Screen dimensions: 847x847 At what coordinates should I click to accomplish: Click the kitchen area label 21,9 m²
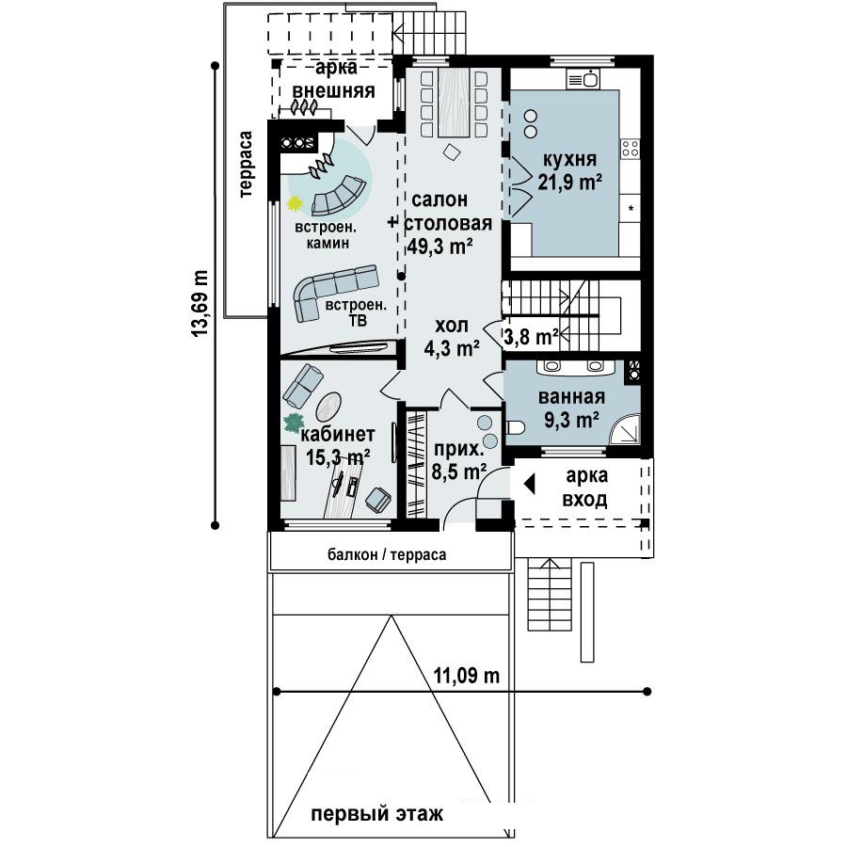[x=570, y=182]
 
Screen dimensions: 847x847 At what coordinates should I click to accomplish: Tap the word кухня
[x=569, y=160]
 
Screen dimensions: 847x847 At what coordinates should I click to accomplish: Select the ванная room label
[x=571, y=397]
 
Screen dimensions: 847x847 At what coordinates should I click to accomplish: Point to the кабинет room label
[x=338, y=434]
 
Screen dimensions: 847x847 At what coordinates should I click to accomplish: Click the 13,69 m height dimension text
[x=200, y=304]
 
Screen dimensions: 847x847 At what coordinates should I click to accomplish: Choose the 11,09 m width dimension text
[x=467, y=676]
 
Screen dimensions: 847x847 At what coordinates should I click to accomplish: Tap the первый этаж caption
[x=377, y=813]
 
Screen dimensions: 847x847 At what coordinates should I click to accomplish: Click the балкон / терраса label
[x=387, y=554]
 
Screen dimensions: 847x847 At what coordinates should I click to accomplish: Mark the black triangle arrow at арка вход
[x=529, y=484]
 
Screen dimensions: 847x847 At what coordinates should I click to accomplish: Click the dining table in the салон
[x=454, y=103]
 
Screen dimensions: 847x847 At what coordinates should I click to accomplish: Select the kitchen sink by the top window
[x=583, y=79]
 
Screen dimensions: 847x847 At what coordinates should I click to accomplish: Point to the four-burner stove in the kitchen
[x=630, y=148]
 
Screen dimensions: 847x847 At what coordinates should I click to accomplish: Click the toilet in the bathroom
[x=516, y=428]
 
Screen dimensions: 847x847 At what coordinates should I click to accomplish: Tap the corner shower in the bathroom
[x=626, y=430]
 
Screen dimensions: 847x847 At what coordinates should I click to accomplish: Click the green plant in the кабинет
[x=294, y=423]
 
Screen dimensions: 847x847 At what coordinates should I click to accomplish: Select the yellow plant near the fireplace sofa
[x=295, y=203]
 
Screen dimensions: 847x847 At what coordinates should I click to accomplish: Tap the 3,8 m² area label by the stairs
[x=531, y=337]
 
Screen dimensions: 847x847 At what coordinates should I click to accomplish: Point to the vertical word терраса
[x=246, y=164]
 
